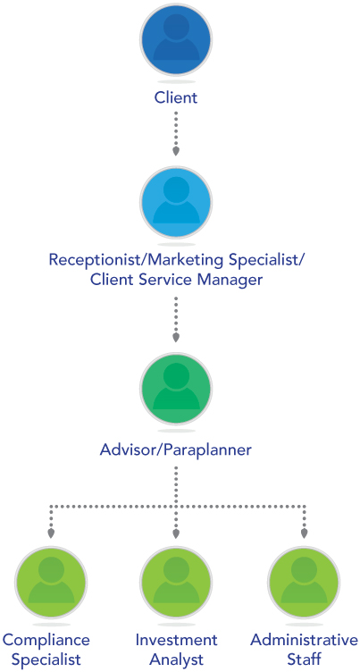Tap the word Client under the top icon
coord(176,97)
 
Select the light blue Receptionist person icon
coord(176,203)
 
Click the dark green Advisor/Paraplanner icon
coord(176,388)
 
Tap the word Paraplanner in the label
coord(208,451)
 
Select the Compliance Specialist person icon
coord(51,583)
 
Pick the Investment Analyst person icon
coord(176,583)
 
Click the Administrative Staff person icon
coord(304,583)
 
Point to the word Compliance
coord(46,641)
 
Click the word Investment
coord(176,641)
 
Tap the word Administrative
coord(305,641)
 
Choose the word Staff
coord(305,659)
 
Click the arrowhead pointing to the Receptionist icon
coord(176,151)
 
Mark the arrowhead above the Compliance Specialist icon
coord(51,533)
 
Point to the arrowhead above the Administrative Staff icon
coord(304,533)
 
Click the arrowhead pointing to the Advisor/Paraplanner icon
coord(176,338)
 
